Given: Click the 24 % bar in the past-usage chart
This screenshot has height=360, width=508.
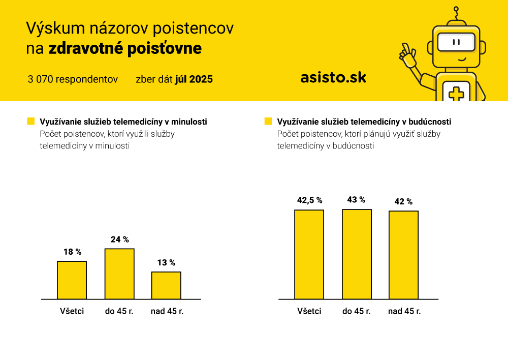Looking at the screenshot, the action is click(119, 274).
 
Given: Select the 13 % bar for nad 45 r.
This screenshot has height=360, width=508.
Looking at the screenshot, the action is click(166, 285).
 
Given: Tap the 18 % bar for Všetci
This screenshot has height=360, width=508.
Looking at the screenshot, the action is click(72, 280).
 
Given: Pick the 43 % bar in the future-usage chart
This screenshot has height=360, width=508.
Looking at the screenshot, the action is click(357, 254).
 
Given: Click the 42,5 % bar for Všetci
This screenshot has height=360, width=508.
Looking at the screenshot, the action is click(309, 255).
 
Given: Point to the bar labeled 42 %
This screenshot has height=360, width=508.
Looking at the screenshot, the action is click(404, 255).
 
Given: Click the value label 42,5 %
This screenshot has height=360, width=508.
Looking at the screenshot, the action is click(310, 200).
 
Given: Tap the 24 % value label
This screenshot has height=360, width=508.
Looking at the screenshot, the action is click(120, 239).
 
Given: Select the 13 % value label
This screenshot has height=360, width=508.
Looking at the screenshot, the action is click(166, 262).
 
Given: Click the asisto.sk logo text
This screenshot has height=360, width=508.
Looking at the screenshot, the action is click(333, 77).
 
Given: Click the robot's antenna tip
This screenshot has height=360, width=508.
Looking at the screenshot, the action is click(456, 9).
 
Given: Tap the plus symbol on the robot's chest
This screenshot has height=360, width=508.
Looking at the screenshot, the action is click(456, 95).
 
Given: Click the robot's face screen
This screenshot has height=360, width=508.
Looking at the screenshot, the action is click(456, 42).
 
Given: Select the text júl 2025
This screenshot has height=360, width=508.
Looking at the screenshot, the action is click(194, 79).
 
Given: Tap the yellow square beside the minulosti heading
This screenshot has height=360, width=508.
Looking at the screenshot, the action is click(31, 122).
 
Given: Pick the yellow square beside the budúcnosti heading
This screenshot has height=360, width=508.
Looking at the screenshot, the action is click(268, 122).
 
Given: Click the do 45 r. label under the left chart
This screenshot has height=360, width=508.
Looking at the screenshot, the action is click(119, 311).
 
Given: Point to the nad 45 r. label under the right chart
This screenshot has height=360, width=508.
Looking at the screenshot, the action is click(404, 311).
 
